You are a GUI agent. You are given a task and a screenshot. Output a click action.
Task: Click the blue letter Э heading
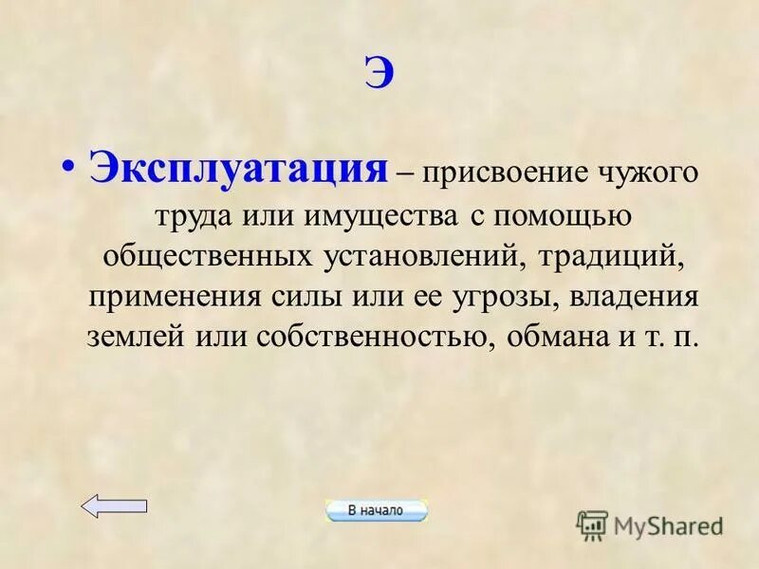tap(379, 75)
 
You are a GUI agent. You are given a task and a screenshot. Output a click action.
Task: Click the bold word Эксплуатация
tap(238, 171)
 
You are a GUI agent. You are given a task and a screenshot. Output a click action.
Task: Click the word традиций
tap(595, 258)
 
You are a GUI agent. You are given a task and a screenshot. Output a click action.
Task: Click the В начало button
tap(376, 510)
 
